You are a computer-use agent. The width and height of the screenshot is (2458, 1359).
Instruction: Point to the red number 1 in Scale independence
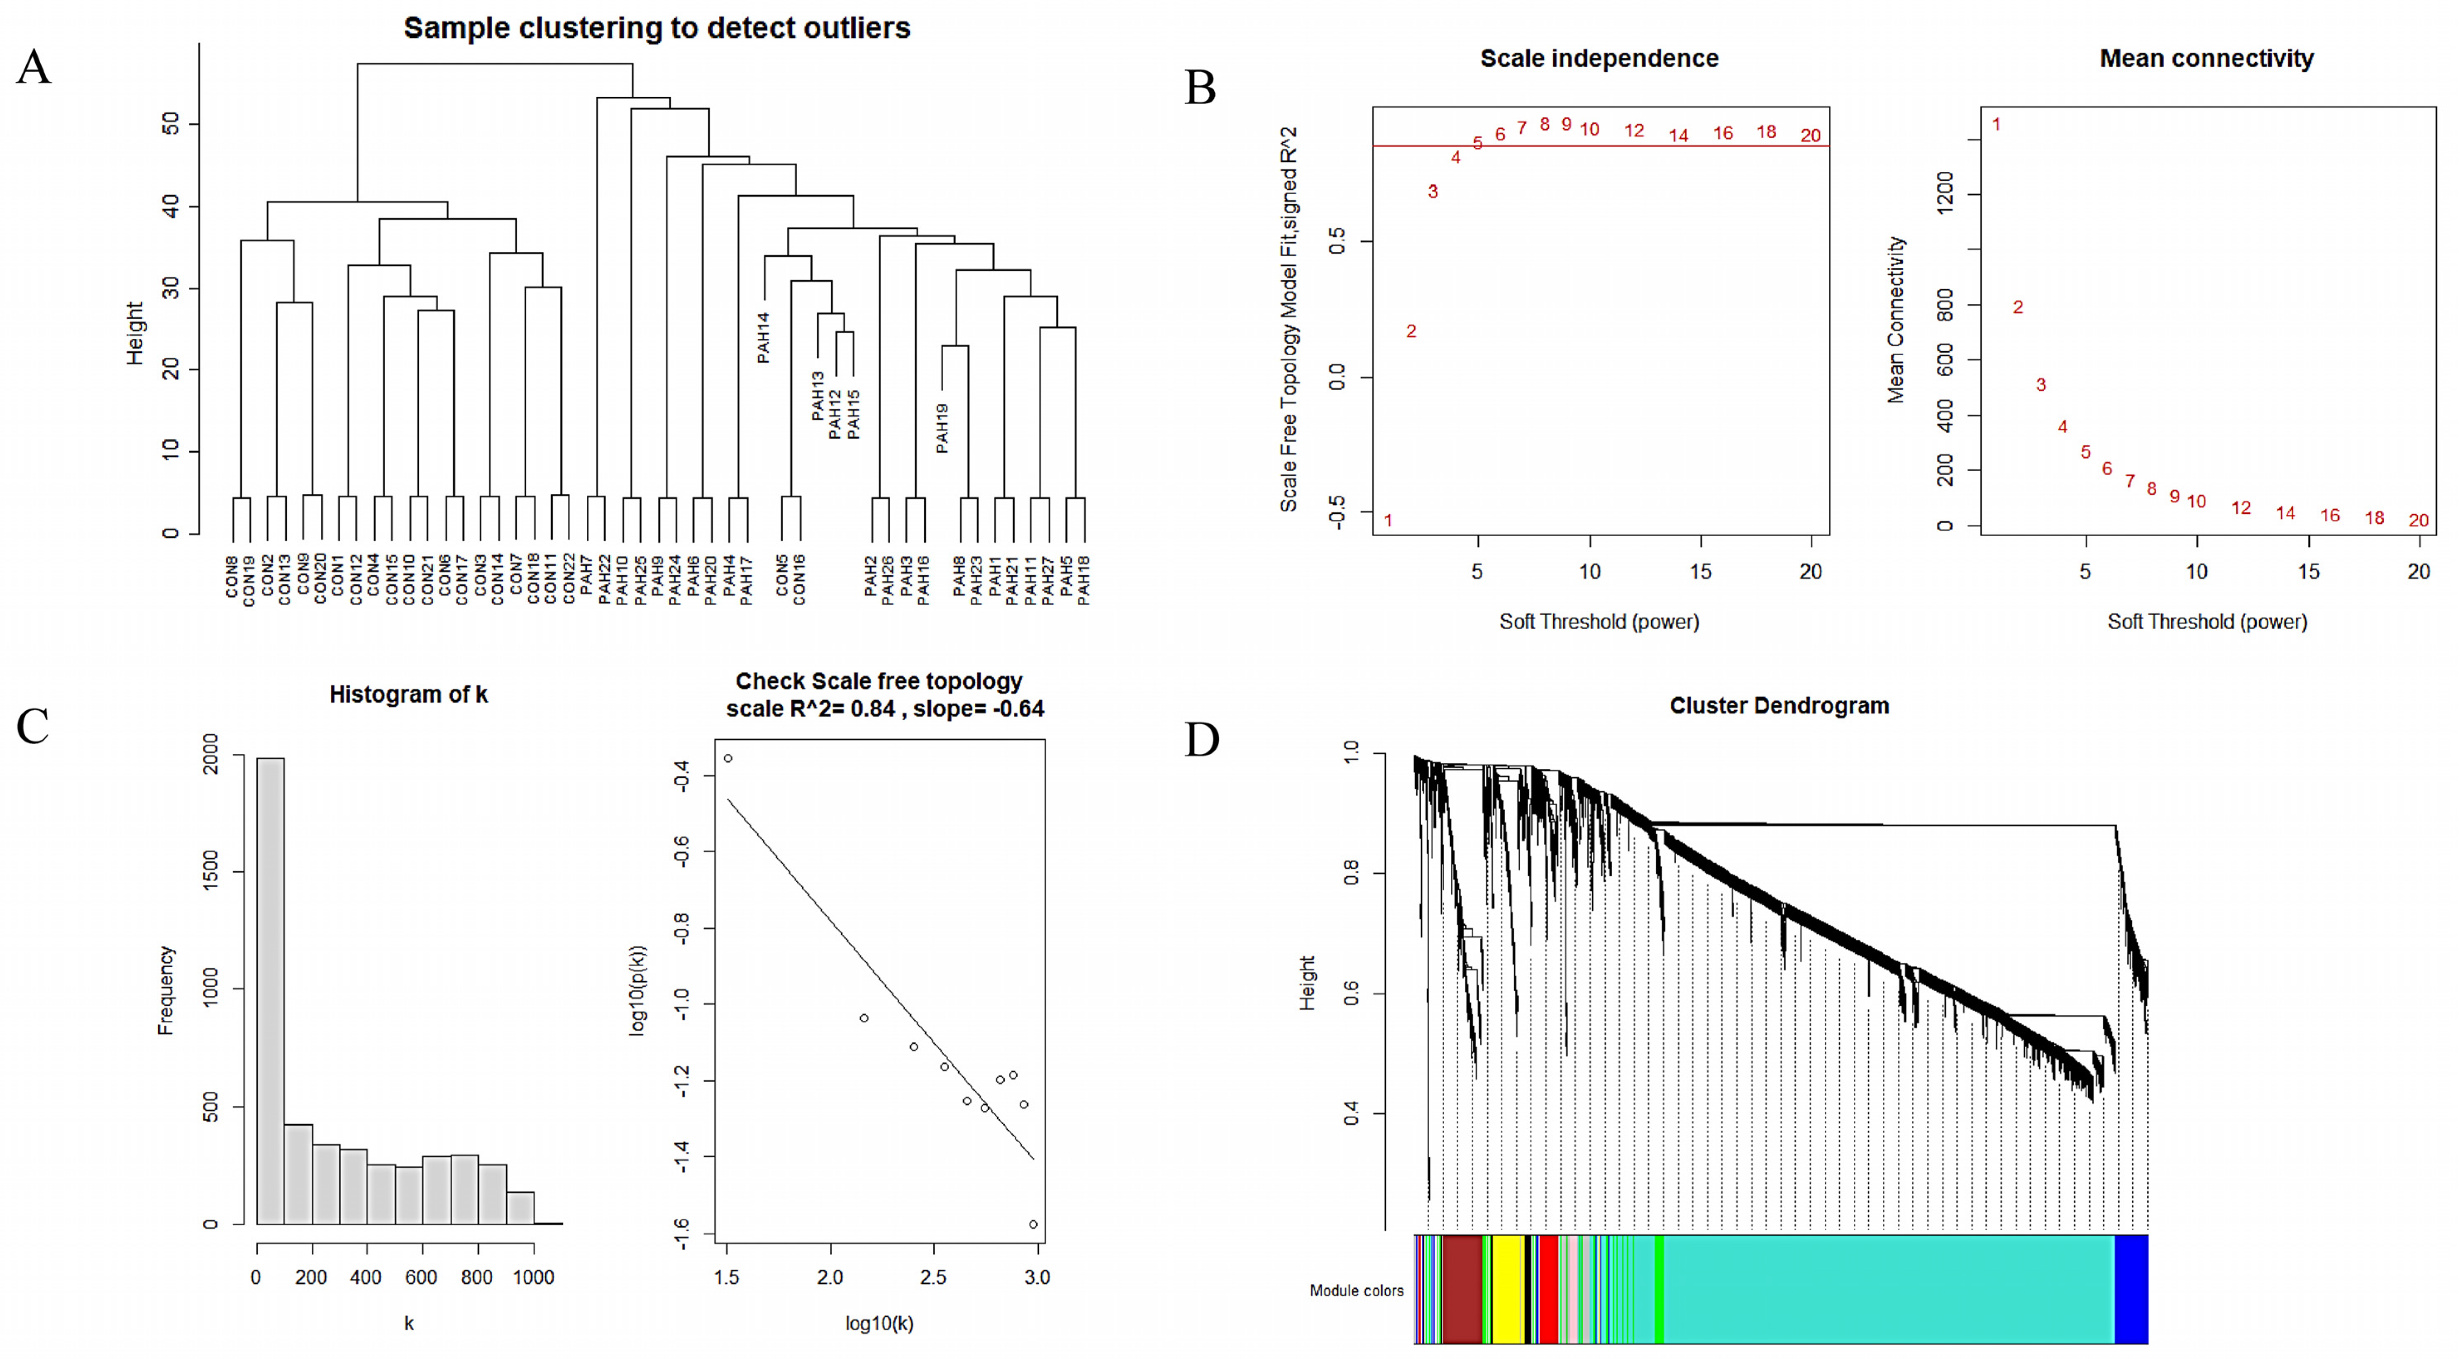(x=1388, y=520)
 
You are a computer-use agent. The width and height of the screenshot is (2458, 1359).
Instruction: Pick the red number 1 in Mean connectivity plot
(x=1996, y=124)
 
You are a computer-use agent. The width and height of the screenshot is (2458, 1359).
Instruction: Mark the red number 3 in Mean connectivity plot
(x=2041, y=385)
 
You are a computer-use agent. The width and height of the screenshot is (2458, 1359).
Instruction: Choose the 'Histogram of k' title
(x=408, y=695)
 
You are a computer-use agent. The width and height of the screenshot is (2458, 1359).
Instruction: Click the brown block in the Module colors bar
(x=1462, y=1288)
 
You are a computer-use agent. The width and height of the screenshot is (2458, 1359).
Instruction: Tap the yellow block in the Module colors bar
(x=1508, y=1288)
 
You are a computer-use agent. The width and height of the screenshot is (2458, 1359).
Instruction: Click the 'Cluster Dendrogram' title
(x=1779, y=706)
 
